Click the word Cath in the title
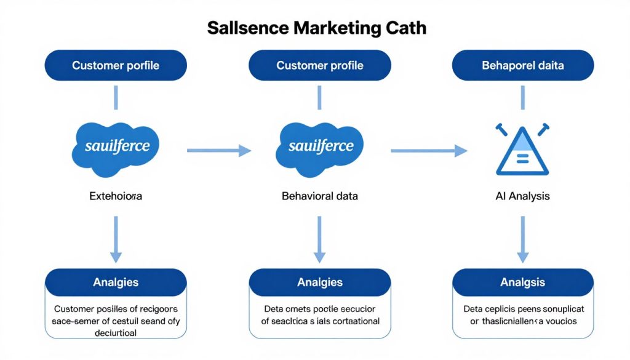(x=404, y=28)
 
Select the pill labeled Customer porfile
(x=116, y=65)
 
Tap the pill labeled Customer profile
(x=319, y=65)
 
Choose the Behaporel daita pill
(x=523, y=65)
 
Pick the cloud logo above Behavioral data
(x=319, y=146)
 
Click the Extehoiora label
(x=116, y=197)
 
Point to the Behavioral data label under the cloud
(x=319, y=197)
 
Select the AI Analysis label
(x=522, y=197)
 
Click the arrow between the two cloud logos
(x=219, y=150)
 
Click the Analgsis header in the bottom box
(x=523, y=282)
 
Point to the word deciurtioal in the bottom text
(x=116, y=332)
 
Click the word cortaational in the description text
(x=351, y=321)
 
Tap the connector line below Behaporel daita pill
(x=523, y=97)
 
